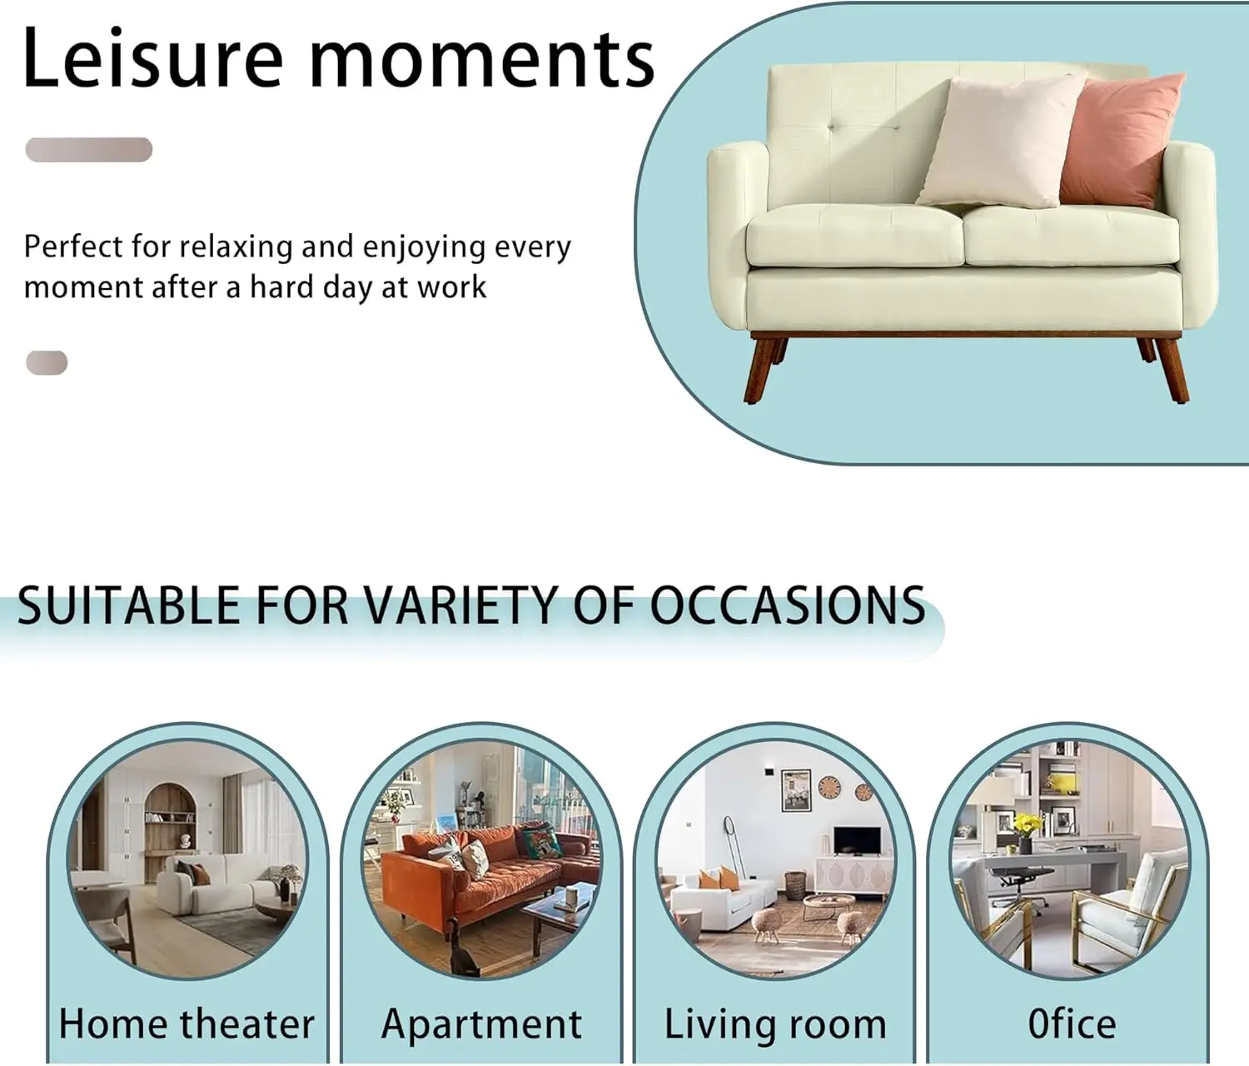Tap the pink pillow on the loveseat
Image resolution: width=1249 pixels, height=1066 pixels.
(1122, 140)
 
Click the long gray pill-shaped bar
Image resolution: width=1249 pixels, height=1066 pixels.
(89, 149)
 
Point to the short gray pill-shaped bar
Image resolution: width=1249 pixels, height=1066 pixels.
(47, 362)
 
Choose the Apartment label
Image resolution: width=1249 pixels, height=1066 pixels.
(481, 1025)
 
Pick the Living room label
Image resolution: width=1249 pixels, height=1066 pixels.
(775, 1025)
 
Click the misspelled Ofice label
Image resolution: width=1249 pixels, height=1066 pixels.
(1072, 1024)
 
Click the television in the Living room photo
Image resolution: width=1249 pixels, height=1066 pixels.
(857, 840)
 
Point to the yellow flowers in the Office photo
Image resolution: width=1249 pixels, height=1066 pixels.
(1028, 823)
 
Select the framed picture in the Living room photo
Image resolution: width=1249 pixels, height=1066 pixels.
(796, 790)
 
